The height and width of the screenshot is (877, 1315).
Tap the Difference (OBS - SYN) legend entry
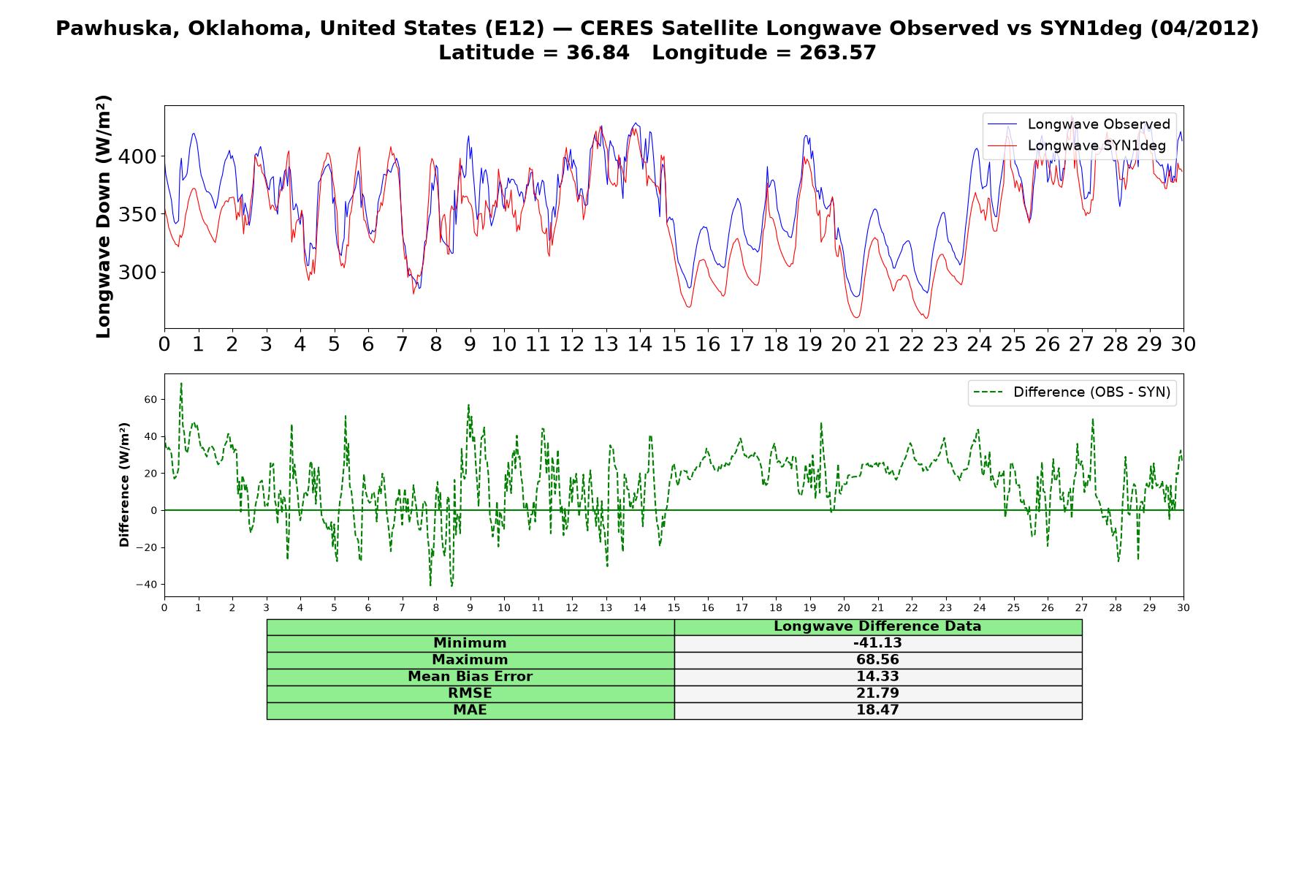1072,392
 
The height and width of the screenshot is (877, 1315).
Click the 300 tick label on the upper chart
137,273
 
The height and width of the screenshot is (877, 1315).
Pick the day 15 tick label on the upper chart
674,343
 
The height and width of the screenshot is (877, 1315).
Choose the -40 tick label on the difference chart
146,585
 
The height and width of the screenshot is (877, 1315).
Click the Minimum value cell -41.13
877,643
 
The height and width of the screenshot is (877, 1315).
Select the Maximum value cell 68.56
877,660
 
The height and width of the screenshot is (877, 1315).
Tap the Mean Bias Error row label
470,677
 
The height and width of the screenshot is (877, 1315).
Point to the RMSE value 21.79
877,694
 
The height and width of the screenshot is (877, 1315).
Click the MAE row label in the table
470,710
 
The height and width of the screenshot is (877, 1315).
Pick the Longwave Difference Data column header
877,626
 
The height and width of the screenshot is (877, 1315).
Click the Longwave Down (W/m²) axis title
103,216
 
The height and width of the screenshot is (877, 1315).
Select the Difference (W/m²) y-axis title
124,485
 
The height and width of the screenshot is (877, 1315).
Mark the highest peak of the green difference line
181,382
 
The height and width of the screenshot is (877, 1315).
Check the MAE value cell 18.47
877,710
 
